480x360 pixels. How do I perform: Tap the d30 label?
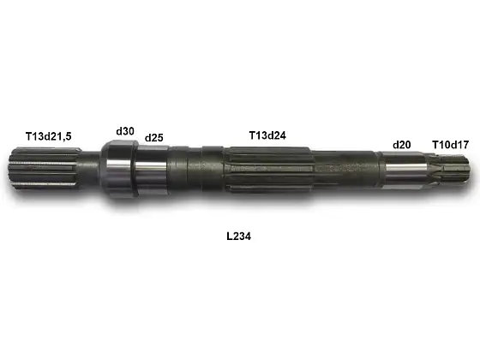(125, 131)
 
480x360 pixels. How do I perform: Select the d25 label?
(153, 137)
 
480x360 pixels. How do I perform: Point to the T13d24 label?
(267, 135)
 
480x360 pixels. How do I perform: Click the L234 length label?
(238, 234)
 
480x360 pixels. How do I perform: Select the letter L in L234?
(228, 234)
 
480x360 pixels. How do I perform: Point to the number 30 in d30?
(129, 131)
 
